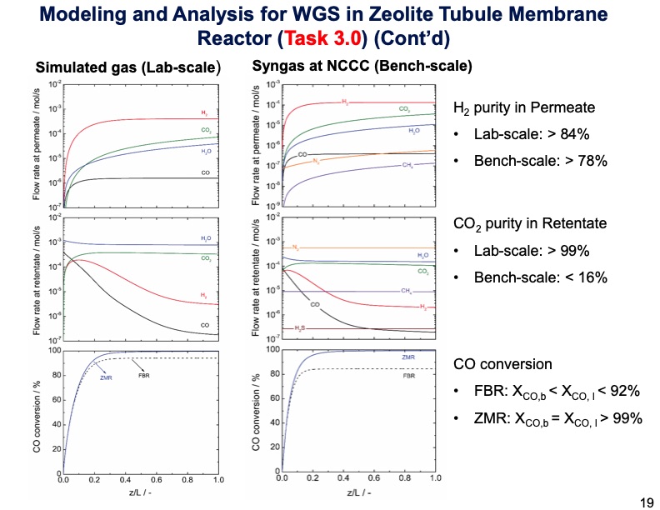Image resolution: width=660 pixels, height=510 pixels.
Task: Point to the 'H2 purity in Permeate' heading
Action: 523,107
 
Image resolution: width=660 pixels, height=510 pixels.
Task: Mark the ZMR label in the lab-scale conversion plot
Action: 106,377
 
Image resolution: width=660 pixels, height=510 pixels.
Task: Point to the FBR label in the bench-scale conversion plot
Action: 408,376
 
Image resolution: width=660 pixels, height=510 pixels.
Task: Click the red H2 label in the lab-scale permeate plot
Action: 204,112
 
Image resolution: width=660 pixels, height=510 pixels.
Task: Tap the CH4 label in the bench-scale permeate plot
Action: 408,166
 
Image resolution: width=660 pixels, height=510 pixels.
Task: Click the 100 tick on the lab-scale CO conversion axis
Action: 55,350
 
